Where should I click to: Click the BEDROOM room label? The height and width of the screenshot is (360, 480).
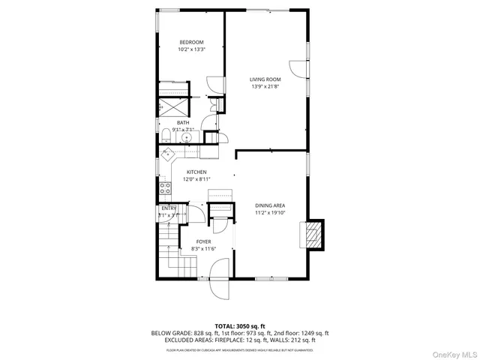point(191,42)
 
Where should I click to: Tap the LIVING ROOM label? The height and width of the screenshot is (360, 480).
point(265,79)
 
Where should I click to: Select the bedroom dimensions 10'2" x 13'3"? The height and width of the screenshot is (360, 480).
point(191,49)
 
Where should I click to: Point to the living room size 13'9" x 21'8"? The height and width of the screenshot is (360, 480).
point(265,86)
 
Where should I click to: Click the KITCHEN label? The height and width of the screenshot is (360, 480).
point(196,172)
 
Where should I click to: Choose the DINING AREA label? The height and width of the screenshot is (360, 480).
point(268,205)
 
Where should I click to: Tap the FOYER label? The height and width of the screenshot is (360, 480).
point(204,241)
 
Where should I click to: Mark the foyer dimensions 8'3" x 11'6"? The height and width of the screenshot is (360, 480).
point(204,248)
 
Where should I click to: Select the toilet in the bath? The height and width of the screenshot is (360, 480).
point(165,136)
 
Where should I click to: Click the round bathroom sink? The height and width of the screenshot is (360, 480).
point(189,136)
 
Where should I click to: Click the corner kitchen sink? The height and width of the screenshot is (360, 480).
point(170,153)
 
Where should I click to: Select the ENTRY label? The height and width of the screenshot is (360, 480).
point(169,208)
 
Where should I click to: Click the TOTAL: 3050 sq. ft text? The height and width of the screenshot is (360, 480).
point(239,325)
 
